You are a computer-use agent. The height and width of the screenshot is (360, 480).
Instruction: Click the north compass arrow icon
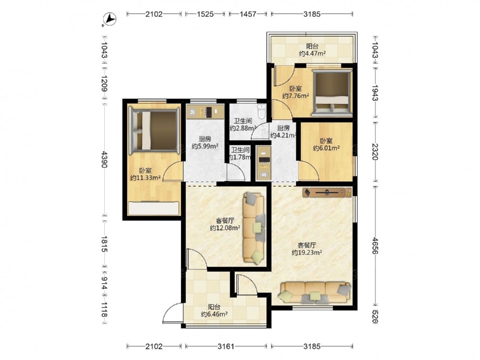click(x=109, y=20)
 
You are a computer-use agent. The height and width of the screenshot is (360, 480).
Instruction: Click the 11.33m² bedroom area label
click(x=145, y=174)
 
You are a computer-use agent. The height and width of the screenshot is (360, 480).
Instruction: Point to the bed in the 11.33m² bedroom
click(x=154, y=130)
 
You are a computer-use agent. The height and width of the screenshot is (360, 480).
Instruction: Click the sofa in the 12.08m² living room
click(x=254, y=228)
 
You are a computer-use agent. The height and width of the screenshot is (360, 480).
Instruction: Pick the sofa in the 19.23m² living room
click(x=315, y=293)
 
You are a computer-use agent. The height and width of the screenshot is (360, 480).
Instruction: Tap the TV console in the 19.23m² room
click(x=327, y=192)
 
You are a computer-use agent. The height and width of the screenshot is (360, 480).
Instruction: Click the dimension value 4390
click(x=104, y=159)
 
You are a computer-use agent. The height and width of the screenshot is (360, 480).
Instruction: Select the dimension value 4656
click(x=375, y=245)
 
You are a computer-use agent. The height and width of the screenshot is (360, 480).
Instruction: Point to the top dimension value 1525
click(x=205, y=14)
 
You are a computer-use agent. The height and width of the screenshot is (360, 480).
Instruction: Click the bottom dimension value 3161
click(x=226, y=346)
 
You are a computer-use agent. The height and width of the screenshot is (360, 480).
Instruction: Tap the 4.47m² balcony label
click(x=312, y=50)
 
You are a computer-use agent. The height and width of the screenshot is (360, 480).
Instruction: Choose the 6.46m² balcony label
click(x=214, y=311)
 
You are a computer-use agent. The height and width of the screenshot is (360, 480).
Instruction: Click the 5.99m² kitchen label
click(x=205, y=143)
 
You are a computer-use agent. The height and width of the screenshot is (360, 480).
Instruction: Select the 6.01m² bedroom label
click(x=326, y=144)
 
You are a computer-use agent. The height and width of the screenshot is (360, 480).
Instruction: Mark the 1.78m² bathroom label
click(x=240, y=154)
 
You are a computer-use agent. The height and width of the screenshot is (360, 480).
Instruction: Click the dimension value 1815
click(x=104, y=244)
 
